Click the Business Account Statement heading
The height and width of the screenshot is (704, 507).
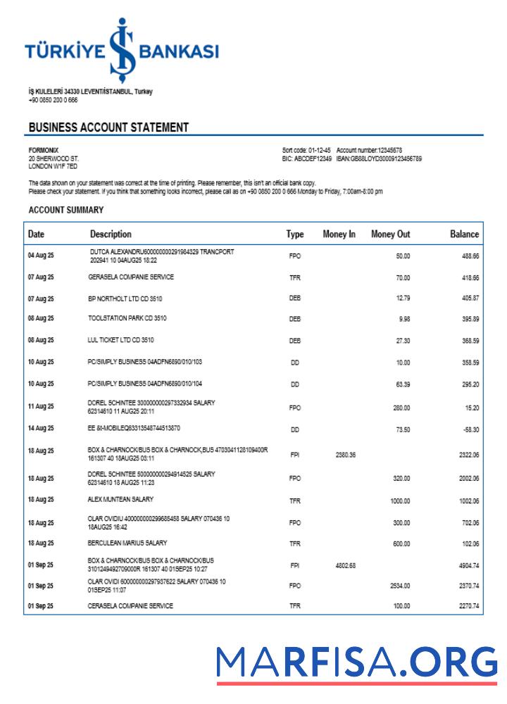(108, 127)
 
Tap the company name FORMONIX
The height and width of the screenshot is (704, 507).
(44, 149)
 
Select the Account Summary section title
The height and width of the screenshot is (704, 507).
(66, 210)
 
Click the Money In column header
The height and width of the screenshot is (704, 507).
(339, 234)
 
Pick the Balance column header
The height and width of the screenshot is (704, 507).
(464, 234)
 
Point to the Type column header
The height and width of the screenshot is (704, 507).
(294, 234)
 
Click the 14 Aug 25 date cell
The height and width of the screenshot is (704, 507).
(41, 429)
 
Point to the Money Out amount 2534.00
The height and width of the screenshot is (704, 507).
(399, 585)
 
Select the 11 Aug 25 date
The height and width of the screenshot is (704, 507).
(41, 407)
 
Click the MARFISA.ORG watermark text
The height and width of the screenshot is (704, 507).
(357, 662)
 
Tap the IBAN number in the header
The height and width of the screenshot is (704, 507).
(380, 158)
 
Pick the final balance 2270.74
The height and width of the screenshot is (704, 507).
(468, 606)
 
